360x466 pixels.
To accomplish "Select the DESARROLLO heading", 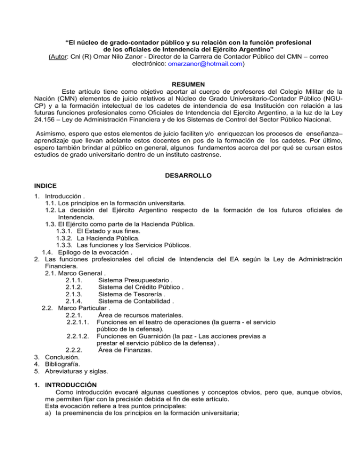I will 180,175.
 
